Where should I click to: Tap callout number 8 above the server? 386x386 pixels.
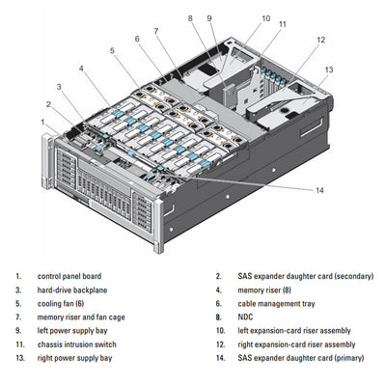tap(190, 17)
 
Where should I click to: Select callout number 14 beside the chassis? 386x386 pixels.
tap(318, 189)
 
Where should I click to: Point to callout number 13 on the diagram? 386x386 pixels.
tap(328, 69)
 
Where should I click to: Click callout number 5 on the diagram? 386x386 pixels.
tap(112, 50)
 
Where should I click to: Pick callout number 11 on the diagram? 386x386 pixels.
tap(282, 23)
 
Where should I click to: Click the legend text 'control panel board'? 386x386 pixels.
tap(69, 276)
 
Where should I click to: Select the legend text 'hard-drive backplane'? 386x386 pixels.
tap(71, 289)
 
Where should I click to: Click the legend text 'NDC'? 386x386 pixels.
tap(245, 317)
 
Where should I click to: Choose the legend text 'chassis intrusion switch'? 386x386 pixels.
tap(76, 345)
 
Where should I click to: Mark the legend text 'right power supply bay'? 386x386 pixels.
tap(74, 358)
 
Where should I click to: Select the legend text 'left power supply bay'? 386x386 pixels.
tap(72, 331)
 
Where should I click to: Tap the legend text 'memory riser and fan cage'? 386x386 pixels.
tap(80, 317)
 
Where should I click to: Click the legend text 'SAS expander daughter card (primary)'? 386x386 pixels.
tap(302, 358)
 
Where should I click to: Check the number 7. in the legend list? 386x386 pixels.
tap(17, 317)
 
